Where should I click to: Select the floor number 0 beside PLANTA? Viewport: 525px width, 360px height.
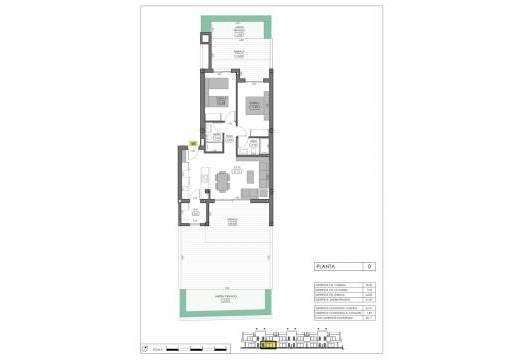pyautogui.click(x=369, y=267)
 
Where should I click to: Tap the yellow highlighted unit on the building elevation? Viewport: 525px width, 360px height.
pyautogui.click(x=268, y=345)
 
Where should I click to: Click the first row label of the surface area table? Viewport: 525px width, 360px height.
pyautogui.click(x=326, y=284)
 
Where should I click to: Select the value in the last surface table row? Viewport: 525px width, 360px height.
pyautogui.click(x=369, y=320)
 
